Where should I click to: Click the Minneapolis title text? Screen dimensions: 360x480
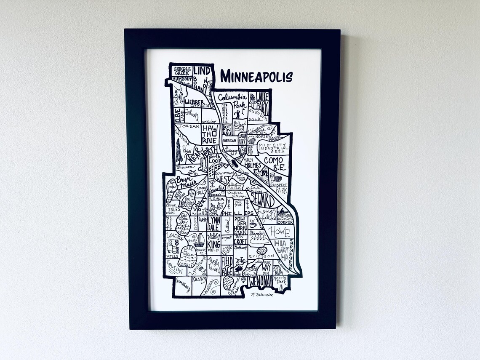tap(256, 77)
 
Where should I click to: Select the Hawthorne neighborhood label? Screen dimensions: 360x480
tap(209, 133)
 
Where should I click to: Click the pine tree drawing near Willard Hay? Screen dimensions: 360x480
tap(179, 151)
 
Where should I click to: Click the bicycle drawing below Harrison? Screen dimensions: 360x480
tap(192, 173)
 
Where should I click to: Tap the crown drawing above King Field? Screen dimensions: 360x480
tap(214, 235)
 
